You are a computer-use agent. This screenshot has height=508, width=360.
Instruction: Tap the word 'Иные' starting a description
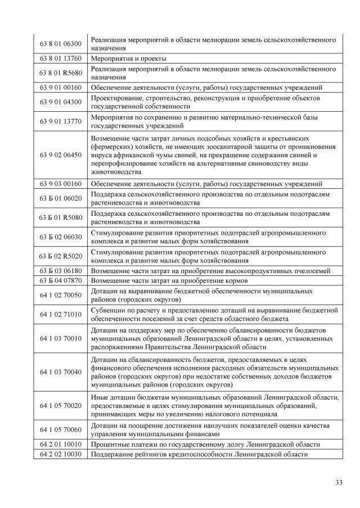point(99,397)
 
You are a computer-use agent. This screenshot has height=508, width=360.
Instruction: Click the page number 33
point(339,482)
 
